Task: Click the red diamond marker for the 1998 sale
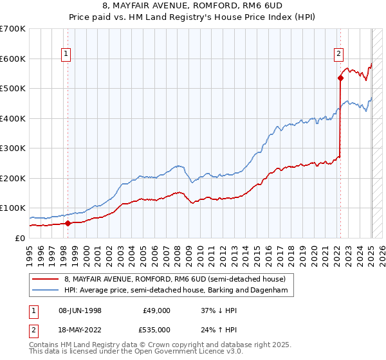(x=68, y=224)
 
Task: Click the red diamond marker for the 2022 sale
(x=340, y=78)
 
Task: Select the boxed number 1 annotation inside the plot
(x=67, y=55)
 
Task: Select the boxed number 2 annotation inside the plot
(x=338, y=55)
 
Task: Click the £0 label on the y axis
(x=19, y=238)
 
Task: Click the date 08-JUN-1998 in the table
(x=79, y=310)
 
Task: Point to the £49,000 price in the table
(x=156, y=310)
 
